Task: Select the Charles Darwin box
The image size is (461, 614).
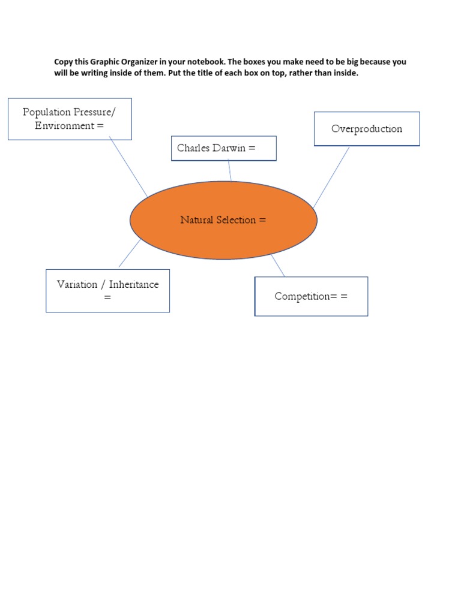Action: (x=223, y=148)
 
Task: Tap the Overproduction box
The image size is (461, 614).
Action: (x=367, y=128)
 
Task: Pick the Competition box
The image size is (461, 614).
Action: (x=311, y=296)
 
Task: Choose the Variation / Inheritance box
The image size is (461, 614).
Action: (x=107, y=291)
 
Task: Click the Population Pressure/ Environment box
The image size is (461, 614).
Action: (x=70, y=119)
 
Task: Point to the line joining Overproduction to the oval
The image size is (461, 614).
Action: (x=331, y=177)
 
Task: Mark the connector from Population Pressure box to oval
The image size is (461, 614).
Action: (x=128, y=168)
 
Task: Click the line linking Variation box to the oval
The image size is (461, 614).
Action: (x=130, y=253)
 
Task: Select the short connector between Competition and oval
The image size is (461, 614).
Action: (x=277, y=265)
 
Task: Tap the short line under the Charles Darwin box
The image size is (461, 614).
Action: (x=230, y=171)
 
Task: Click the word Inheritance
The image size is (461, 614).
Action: (x=134, y=284)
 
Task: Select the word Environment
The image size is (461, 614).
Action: (x=64, y=126)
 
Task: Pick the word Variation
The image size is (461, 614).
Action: (x=77, y=284)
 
